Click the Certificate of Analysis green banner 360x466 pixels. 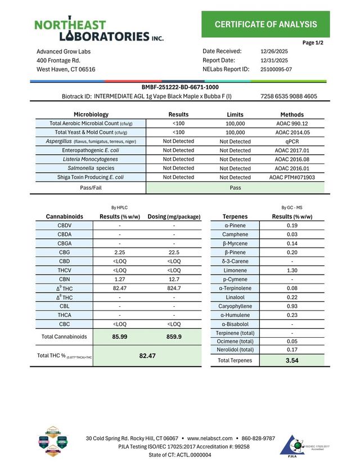coord(265,24)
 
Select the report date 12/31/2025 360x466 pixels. coord(274,60)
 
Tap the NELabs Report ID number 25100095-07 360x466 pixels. coord(276,69)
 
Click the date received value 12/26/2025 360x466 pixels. coord(274,51)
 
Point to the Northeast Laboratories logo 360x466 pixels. coord(98,30)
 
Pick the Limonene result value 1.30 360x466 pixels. coord(292,270)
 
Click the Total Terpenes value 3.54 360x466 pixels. coord(292,360)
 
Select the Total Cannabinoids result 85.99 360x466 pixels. coord(119,337)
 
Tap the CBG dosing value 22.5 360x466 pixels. coord(174,252)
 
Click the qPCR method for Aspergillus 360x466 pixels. coord(292,141)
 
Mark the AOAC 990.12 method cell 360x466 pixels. coord(292,123)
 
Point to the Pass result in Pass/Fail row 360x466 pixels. coord(236,187)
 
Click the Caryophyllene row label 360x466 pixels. coord(238,306)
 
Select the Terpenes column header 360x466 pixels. coord(238,216)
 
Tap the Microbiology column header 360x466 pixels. coord(91,114)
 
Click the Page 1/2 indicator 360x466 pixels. coord(313,43)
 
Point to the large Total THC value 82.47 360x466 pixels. coord(147,356)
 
